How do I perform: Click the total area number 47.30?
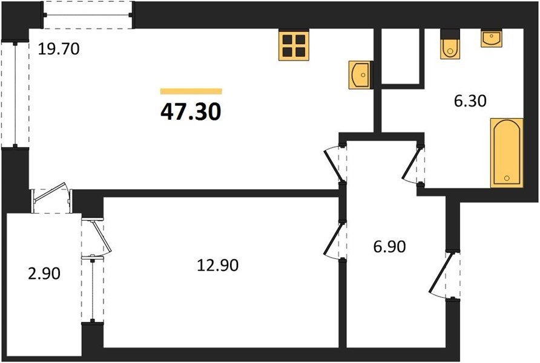click(191, 112)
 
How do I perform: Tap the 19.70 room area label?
click(59, 49)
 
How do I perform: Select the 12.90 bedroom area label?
click(218, 265)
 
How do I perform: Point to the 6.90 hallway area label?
click(389, 247)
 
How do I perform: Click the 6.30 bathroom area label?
click(470, 101)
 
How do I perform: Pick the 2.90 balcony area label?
click(44, 274)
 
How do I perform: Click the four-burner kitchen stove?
click(294, 45)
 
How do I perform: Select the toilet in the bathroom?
click(450, 44)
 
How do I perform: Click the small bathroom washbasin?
click(492, 38)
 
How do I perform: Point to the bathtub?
click(507, 153)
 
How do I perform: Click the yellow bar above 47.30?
click(191, 91)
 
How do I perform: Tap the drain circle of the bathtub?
click(507, 178)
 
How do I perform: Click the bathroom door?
click(412, 164)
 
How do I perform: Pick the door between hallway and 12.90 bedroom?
click(334, 239)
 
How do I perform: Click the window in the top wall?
click(87, 15)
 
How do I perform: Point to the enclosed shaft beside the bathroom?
click(401, 57)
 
